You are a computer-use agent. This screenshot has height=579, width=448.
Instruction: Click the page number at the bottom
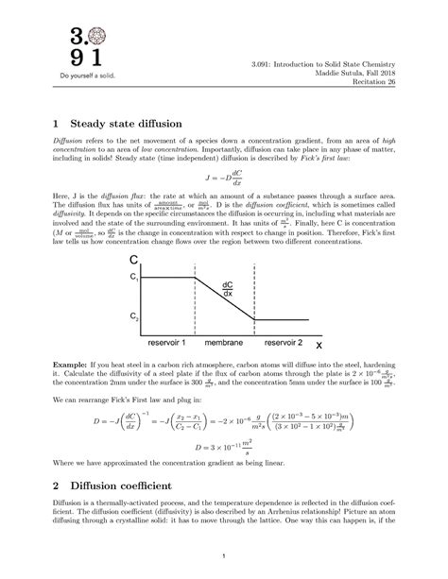tap(224, 554)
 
